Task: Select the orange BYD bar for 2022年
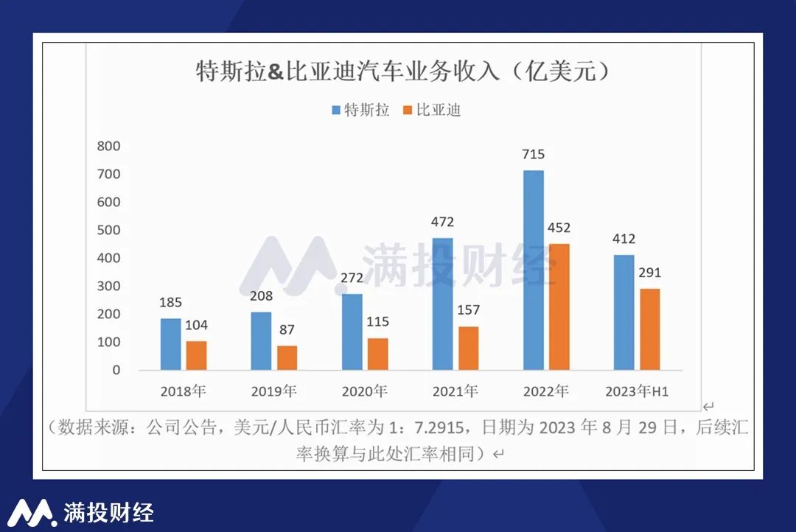[559, 307]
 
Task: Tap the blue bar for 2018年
[171, 344]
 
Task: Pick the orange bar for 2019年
[287, 357]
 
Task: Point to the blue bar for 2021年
[443, 304]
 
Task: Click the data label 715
[533, 155]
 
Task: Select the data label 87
[287, 330]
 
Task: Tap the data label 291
[649, 273]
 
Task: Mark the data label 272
[352, 279]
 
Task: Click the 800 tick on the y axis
[108, 146]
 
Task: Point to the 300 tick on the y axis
[108, 286]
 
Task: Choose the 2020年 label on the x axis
[364, 391]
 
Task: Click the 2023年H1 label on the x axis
[636, 391]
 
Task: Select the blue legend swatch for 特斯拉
[335, 111]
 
